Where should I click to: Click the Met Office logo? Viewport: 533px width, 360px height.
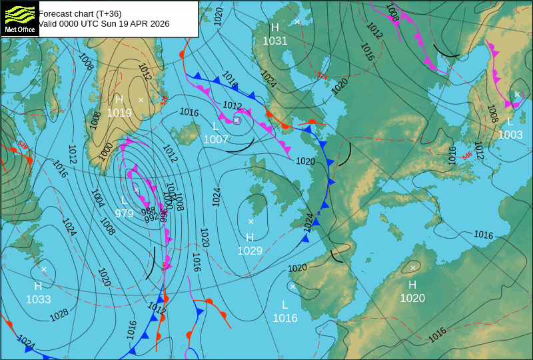[19, 18]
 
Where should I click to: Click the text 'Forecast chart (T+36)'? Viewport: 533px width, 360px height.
[80, 13]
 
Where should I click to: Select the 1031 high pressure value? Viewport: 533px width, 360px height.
[274, 41]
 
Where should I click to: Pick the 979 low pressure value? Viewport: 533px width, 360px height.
[124, 213]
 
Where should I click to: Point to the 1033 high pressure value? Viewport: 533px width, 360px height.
[38, 299]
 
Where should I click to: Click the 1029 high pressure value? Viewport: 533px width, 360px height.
[250, 251]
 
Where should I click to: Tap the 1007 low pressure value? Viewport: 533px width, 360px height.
[216, 139]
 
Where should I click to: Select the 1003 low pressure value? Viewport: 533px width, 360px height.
[510, 135]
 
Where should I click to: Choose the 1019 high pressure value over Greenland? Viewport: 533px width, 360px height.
[119, 113]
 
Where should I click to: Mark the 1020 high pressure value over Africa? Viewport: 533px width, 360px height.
[412, 298]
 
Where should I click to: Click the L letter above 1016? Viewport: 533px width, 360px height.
[284, 305]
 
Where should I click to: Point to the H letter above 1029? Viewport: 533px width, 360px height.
[250, 237]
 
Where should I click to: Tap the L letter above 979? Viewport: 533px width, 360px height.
[124, 201]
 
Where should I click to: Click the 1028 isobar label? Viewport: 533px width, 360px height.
[59, 313]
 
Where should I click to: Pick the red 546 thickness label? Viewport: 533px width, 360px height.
[467, 155]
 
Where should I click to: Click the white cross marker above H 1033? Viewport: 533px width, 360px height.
[44, 269]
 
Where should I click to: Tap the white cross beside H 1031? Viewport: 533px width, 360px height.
[297, 22]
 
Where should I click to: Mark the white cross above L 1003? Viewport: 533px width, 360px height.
[517, 94]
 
